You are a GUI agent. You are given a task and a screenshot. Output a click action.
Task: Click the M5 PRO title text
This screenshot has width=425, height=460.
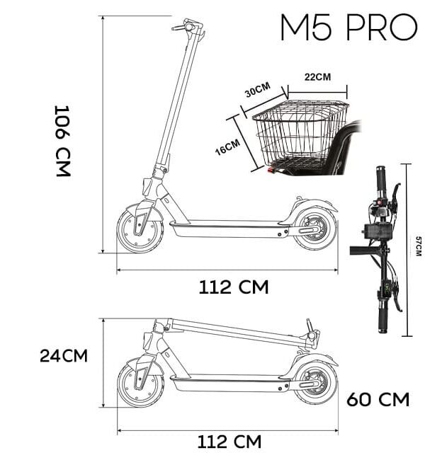(348, 28)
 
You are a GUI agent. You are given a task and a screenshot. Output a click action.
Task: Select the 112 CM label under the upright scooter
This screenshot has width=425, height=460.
(234, 287)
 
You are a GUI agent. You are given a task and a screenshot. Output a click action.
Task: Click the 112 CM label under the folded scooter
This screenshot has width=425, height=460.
(229, 442)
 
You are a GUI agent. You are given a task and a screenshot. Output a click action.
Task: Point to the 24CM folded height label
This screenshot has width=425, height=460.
(64, 355)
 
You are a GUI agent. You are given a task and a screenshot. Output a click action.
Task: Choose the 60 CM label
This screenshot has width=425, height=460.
(378, 400)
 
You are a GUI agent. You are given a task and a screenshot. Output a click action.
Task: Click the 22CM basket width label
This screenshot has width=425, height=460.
(317, 77)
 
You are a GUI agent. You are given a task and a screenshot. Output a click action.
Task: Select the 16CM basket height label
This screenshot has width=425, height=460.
(227, 147)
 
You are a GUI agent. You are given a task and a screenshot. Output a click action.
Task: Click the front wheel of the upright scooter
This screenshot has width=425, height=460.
(140, 228)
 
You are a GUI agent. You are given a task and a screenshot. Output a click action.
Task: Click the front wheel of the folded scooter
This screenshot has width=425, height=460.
(140, 384)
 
